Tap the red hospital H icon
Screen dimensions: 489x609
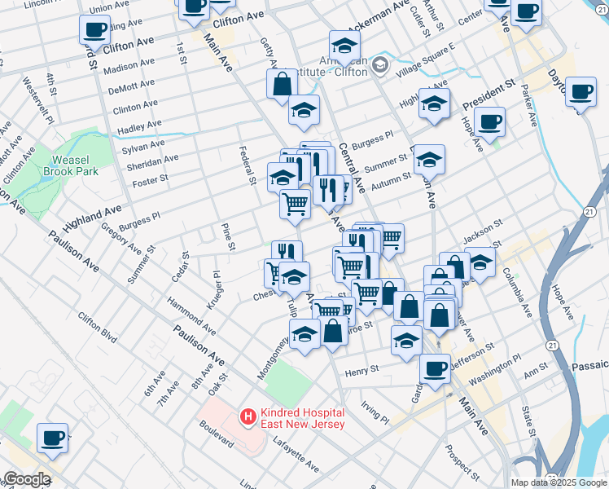[x=246, y=417]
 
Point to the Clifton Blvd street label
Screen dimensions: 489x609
[x=98, y=327]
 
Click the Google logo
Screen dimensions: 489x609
[x=26, y=479]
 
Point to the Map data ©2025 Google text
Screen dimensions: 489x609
[x=559, y=482]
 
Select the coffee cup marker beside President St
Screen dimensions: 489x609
[x=489, y=123]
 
